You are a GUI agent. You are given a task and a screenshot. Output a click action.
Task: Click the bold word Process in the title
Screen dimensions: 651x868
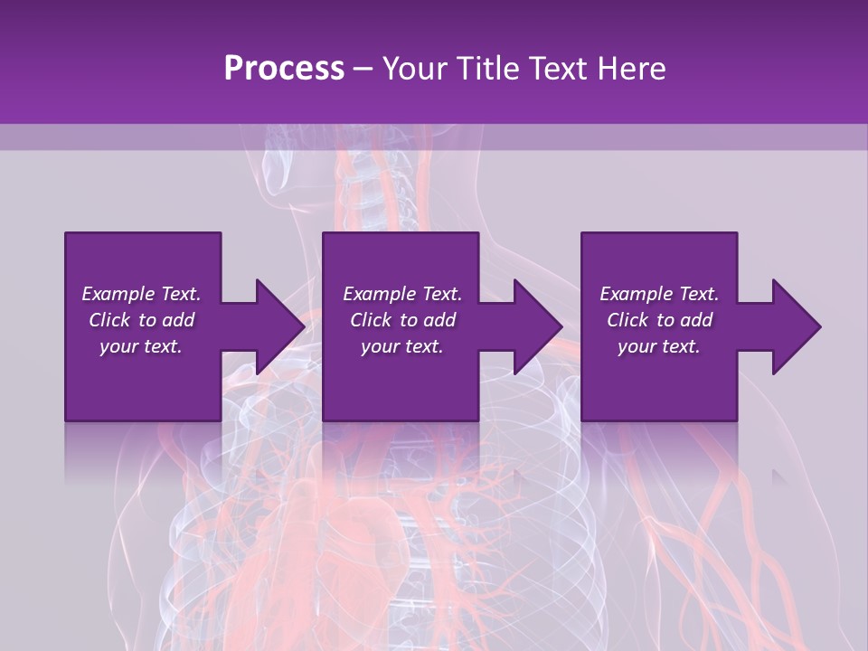click(284, 69)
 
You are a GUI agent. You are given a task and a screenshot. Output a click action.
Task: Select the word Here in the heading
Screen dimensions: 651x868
click(630, 69)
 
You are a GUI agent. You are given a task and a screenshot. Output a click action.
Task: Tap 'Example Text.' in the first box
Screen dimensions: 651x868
click(141, 294)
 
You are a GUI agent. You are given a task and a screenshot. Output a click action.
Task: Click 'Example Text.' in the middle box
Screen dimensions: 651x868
click(402, 294)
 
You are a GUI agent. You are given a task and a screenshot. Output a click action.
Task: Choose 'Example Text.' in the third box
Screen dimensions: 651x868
click(659, 294)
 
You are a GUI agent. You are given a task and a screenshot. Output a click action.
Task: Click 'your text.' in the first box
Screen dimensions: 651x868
click(141, 346)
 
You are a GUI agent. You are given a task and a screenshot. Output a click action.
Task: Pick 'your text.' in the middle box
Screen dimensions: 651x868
click(402, 346)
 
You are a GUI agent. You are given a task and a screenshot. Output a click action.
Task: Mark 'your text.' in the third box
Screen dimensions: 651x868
click(659, 346)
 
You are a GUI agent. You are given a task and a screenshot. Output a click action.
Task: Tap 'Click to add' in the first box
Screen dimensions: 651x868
click(141, 320)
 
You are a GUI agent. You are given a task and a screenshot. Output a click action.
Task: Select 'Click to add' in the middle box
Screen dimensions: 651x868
click(402, 320)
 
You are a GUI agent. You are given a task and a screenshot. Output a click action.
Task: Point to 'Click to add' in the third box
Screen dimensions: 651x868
click(659, 320)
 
